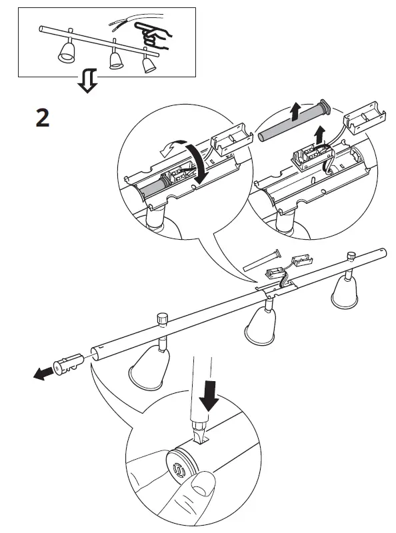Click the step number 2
tap(42, 117)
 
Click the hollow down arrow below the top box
tap(87, 82)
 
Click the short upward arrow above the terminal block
tap(320, 133)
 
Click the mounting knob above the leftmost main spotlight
tap(162, 317)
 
